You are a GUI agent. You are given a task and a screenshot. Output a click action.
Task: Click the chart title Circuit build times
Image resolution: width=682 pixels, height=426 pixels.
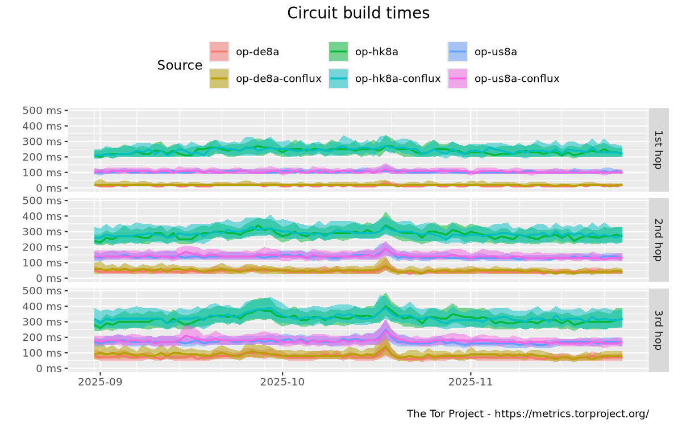point(358,13)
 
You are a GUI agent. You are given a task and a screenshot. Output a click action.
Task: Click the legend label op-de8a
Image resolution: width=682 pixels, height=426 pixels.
point(257,52)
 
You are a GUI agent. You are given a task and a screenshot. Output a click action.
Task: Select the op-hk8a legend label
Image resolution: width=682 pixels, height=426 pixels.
point(377,52)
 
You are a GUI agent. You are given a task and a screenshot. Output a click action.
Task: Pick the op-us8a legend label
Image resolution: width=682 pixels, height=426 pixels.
point(496,52)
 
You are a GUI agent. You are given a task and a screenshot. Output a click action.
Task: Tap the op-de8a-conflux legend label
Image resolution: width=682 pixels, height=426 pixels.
point(278,78)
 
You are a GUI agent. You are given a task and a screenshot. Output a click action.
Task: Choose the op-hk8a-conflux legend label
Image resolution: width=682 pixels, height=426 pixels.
point(398,78)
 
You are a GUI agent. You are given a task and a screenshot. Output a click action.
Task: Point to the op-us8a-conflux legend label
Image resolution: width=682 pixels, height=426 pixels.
point(517,78)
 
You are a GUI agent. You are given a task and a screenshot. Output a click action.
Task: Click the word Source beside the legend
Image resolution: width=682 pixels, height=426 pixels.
point(180,65)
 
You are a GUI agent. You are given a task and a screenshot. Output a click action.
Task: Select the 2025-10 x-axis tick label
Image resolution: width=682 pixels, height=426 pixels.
point(282,382)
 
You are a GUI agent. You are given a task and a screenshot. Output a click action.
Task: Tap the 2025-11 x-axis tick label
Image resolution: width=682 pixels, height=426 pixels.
point(471,382)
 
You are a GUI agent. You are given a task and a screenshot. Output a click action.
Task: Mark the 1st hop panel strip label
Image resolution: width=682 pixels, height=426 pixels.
point(659,149)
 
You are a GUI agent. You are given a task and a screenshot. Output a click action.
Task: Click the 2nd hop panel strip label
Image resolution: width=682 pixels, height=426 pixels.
point(659,239)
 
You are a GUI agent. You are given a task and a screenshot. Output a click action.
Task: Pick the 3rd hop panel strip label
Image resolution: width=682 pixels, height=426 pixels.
point(659,329)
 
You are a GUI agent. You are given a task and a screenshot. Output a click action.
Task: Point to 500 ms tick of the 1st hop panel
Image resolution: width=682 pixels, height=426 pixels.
point(42,110)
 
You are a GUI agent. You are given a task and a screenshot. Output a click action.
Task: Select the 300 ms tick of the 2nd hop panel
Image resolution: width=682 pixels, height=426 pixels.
point(42,232)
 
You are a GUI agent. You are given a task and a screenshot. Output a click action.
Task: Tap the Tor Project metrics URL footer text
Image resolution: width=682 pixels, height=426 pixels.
point(528,414)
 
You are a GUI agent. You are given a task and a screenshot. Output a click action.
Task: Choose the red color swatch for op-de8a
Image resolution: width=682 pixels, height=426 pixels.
point(219,52)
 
